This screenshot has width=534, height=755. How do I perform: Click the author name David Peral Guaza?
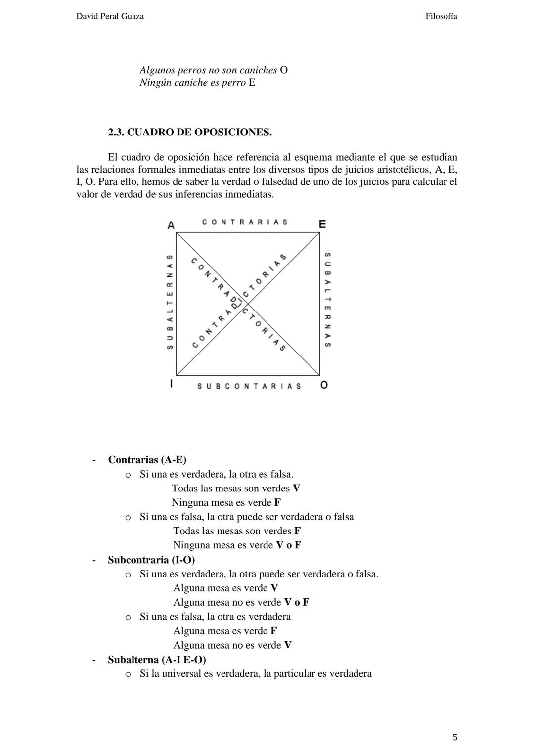tap(110, 16)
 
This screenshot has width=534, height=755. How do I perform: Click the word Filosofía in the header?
tap(441, 16)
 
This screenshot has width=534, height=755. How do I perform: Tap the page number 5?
tap(455, 737)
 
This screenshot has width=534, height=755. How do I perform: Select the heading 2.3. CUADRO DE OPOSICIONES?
tap(190, 133)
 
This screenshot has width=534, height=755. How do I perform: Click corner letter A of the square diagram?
tap(171, 225)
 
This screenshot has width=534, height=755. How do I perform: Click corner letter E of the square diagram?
tap(322, 224)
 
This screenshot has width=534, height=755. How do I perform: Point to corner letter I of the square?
tap(171, 384)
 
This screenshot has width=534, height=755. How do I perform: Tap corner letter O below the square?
tap(324, 385)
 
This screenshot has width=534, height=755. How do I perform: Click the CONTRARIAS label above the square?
tap(245, 222)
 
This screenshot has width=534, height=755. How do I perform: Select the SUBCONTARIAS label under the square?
tap(249, 386)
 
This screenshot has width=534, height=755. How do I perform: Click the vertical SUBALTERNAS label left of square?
tap(170, 302)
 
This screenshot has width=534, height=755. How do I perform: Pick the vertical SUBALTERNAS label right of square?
tap(327, 300)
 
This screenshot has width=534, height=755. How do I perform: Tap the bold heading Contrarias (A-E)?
tap(147, 460)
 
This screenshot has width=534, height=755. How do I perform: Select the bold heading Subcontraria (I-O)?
tap(151, 560)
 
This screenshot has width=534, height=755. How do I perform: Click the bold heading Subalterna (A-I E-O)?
tap(157, 660)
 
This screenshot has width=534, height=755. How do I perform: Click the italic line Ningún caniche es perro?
tap(192, 83)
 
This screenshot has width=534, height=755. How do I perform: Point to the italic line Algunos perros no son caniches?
tap(208, 70)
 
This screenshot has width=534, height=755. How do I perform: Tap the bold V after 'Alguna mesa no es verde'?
tap(287, 645)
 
